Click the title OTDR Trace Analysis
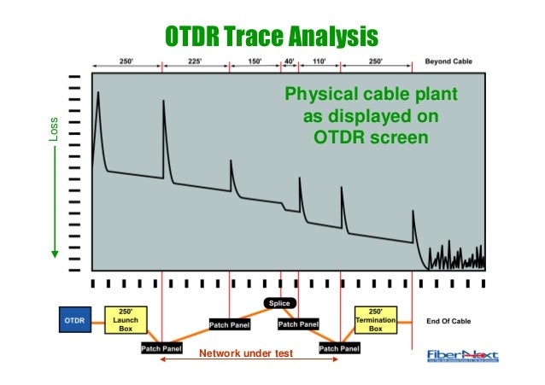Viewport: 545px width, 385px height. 271,37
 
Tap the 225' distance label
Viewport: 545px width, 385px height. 195,62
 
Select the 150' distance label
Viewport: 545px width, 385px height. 255,62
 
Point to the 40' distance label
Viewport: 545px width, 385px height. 290,62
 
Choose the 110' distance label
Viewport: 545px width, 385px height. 319,62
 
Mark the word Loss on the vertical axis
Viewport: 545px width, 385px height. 54,128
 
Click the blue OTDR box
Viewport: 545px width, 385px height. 73,320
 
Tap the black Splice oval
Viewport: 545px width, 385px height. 281,303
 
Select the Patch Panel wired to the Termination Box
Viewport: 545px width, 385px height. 339,348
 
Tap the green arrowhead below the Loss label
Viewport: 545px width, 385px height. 54,253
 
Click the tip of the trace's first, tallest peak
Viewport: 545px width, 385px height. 98,92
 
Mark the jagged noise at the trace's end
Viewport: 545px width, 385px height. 457,257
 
